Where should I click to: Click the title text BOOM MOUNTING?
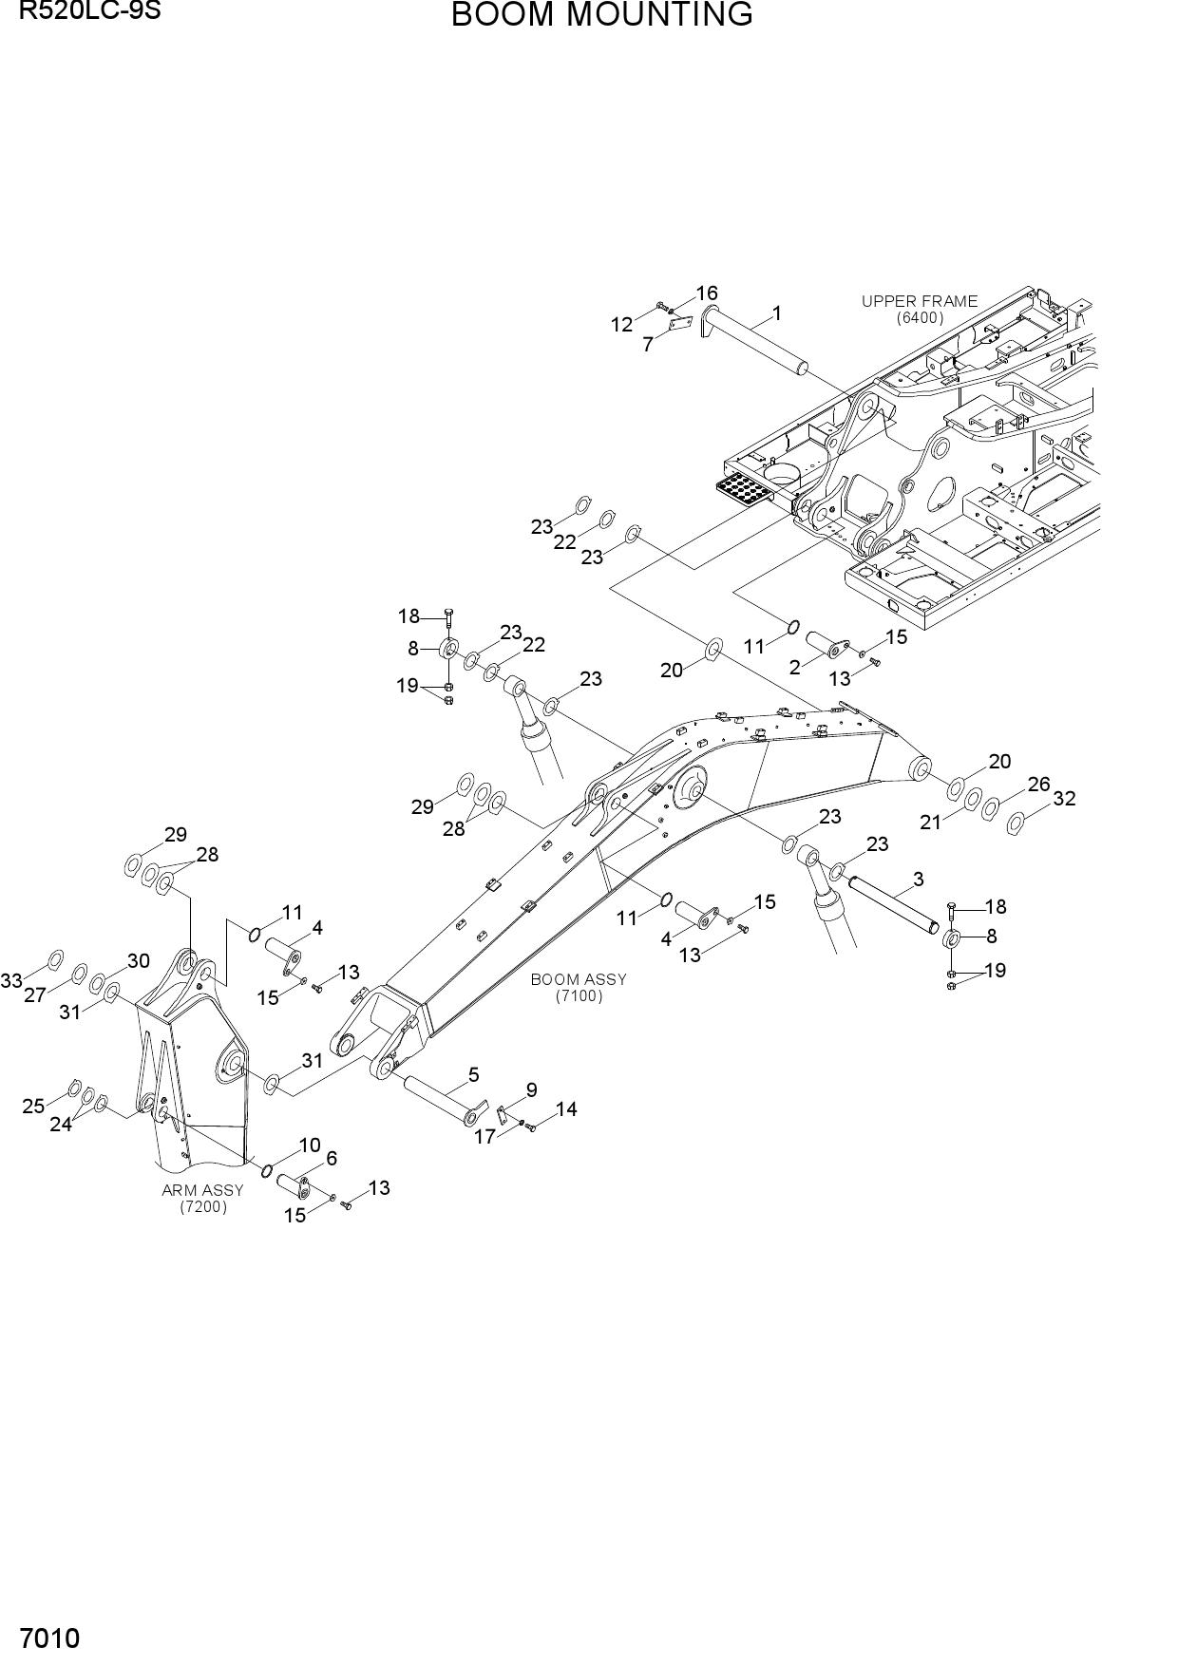601,15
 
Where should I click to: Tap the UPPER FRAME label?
920,301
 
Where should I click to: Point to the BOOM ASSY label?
579,979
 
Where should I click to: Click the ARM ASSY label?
202,1190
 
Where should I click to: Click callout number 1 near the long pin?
777,312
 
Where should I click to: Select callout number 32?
1064,799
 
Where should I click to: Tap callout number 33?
11,980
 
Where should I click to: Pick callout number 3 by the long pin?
918,880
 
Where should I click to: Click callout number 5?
473,1075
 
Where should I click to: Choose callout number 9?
531,1090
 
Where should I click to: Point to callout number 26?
1039,785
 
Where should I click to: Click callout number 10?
310,1145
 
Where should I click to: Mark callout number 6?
331,1158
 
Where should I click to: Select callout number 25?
33,1106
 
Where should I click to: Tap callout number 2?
794,668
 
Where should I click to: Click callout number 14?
566,1108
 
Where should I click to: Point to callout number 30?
138,960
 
